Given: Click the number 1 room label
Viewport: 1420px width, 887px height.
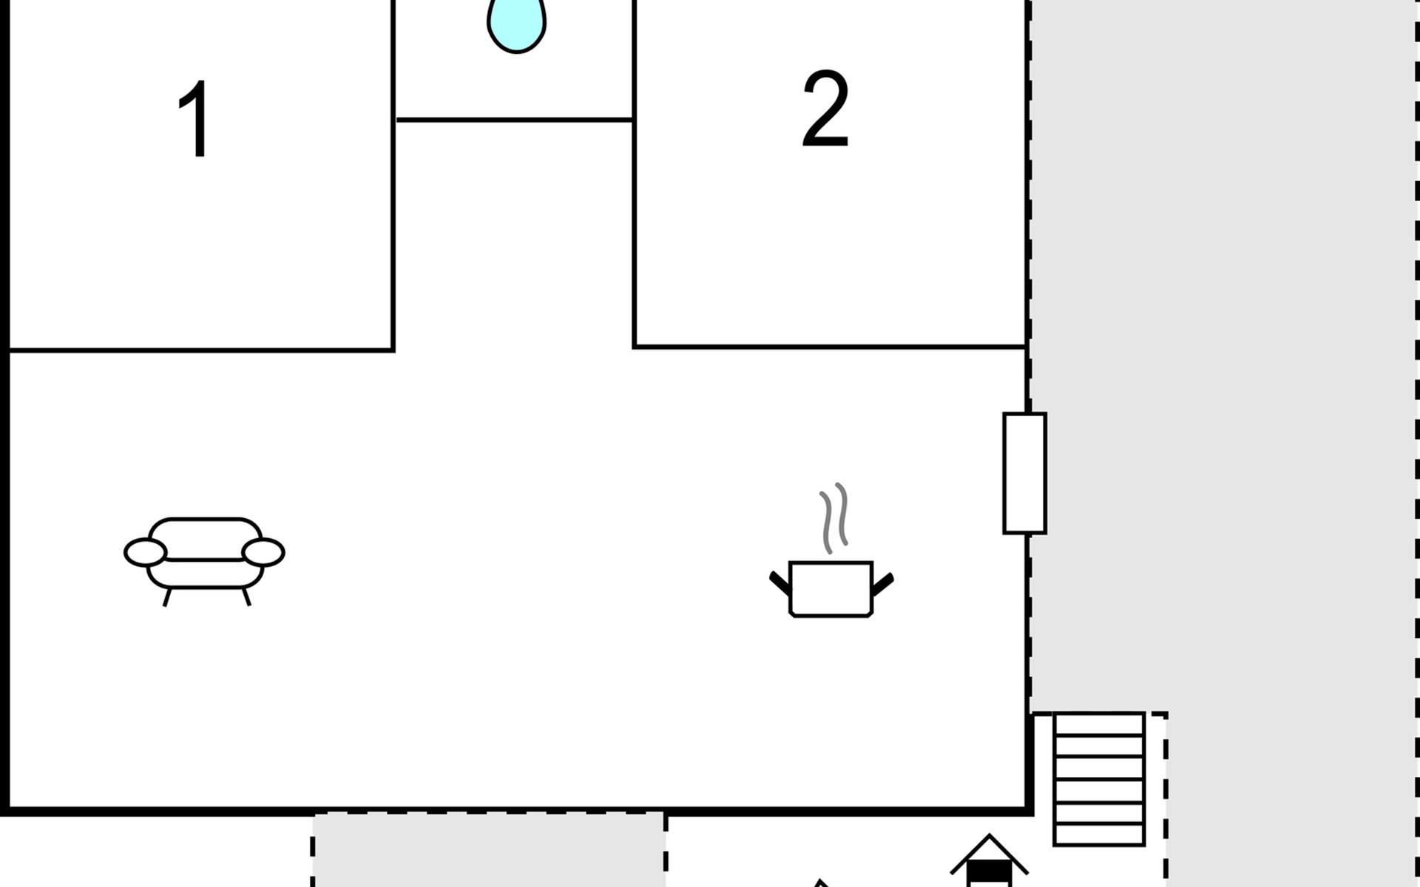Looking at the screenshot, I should pos(196,120).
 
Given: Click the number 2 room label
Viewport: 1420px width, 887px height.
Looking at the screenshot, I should pos(825,109).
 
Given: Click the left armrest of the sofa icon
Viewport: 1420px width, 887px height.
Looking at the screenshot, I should pos(145,553).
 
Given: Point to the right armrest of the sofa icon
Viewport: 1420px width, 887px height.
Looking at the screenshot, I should pos(263,553).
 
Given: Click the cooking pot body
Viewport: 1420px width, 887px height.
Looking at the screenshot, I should pos(831,589).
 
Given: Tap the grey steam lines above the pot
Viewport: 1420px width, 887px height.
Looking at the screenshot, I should pos(834,517).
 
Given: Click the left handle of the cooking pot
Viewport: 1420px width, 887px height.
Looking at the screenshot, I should pos(780,583).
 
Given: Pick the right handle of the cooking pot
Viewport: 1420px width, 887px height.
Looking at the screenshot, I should pos(883,583).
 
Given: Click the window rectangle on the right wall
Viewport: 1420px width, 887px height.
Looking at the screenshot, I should pos(1024,473).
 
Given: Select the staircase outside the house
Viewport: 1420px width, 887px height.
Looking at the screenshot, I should pos(1099,779).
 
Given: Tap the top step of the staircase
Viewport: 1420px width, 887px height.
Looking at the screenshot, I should pos(1099,724).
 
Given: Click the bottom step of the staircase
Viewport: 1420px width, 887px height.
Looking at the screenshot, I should pos(1099,835).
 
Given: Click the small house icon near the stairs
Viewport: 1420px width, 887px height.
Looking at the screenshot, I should pos(989,862).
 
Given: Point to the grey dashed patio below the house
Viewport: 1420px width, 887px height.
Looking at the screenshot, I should pos(488,850).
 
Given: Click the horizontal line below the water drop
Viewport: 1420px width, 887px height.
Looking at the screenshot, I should pos(514,120).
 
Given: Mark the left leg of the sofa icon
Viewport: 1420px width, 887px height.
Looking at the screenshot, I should pos(168,597).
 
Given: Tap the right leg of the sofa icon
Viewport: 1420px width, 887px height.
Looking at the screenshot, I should pos(246,597).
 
